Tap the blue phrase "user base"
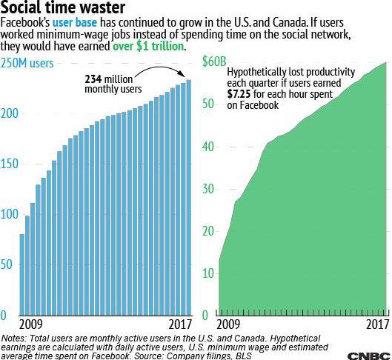75,22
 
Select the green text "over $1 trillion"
148,46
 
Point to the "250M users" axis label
27,63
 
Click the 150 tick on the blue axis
9,164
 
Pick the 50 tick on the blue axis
6,264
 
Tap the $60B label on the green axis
214,61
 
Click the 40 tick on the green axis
208,147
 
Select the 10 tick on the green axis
208,273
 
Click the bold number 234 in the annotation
93,79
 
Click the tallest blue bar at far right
189,197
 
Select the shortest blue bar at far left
22,275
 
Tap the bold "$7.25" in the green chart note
239,94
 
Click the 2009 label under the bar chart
30,324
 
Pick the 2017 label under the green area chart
378,324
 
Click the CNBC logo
369,356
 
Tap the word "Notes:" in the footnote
14,339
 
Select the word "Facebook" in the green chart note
259,105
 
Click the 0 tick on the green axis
205,316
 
